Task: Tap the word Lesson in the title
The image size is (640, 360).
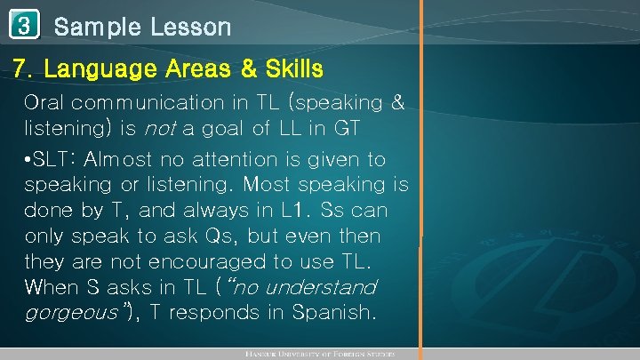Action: [188, 27]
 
